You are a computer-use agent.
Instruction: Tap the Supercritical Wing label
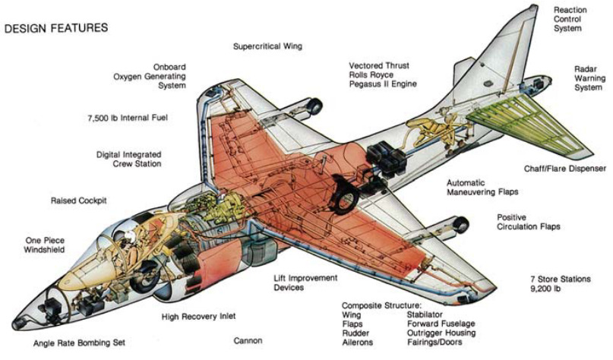[267, 46]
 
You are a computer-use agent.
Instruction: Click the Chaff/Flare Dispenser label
[565, 168]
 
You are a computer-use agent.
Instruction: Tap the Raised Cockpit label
[78, 201]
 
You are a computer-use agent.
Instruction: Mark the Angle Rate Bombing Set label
[79, 343]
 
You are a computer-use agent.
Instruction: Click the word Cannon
[248, 340]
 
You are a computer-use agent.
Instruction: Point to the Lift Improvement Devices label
[305, 283]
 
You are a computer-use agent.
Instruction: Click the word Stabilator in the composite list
[428, 313]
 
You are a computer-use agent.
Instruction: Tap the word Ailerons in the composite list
[361, 343]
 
